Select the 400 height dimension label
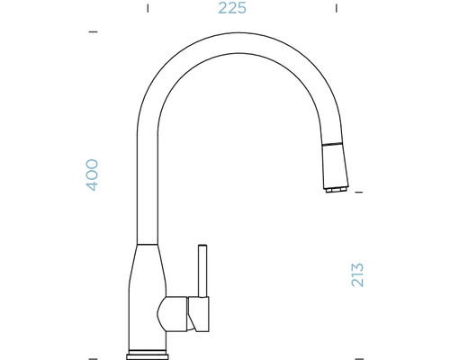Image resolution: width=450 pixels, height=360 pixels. [92, 174]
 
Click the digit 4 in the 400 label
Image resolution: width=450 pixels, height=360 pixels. [92, 185]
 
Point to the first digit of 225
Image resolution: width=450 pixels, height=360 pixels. [221, 9]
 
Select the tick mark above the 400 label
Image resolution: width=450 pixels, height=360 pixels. [93, 32]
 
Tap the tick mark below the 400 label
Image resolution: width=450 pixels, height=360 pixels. [93, 355]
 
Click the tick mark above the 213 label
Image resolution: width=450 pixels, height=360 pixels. [357, 193]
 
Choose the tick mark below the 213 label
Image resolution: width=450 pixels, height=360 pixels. [357, 355]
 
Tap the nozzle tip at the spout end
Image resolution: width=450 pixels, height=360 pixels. [331, 191]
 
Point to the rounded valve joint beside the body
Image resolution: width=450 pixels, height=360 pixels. [169, 315]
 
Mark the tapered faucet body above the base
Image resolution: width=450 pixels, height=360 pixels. [147, 288]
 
